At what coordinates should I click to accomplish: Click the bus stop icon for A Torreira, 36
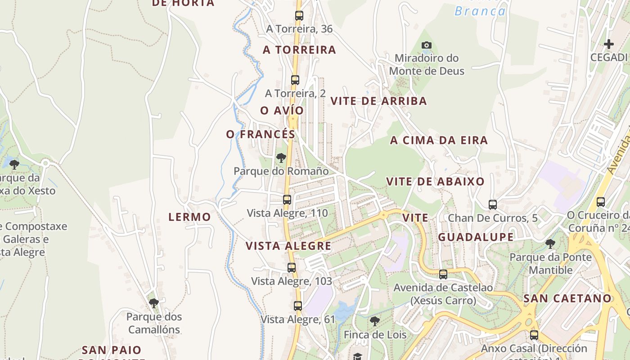(x=299, y=16)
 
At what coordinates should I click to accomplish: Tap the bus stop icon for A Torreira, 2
(x=295, y=80)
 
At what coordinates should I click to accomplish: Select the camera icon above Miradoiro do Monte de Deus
(x=427, y=45)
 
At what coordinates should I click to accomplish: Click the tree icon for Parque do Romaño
(x=281, y=158)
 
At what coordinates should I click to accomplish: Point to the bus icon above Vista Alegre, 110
(x=287, y=200)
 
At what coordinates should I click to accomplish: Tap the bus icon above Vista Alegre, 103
(x=292, y=268)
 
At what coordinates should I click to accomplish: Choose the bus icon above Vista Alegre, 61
(x=298, y=306)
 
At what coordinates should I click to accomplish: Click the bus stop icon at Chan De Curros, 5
(x=493, y=205)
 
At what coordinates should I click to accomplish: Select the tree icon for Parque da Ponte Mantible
(x=550, y=244)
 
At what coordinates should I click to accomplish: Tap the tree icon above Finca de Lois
(x=375, y=321)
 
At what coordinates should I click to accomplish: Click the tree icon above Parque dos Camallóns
(x=154, y=303)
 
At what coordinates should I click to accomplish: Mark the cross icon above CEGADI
(x=609, y=44)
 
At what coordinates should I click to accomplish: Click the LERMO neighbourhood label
(x=189, y=217)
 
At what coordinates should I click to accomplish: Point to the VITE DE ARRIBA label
(x=378, y=101)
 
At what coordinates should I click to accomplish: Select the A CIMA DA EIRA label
(x=439, y=140)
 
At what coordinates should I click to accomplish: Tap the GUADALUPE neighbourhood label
(x=476, y=237)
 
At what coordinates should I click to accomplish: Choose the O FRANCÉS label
(x=261, y=134)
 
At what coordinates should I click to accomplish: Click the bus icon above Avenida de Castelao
(x=443, y=274)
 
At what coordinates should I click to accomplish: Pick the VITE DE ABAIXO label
(x=435, y=182)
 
